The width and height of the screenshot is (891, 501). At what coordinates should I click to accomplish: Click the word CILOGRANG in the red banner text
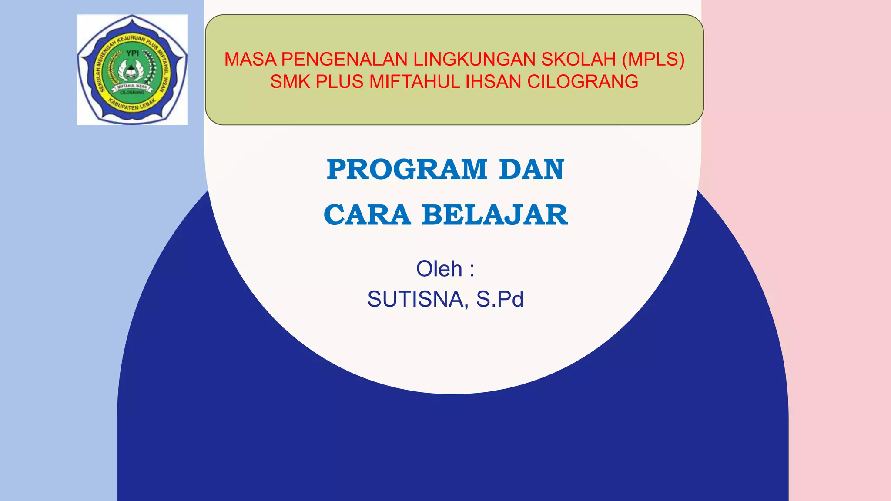[583, 82]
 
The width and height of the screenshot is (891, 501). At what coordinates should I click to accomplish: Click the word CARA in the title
[367, 215]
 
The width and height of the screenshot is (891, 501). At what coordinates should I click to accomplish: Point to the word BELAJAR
[495, 215]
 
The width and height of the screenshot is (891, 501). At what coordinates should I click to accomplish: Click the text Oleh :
[445, 269]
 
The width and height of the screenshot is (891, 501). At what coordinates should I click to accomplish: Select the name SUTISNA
[415, 299]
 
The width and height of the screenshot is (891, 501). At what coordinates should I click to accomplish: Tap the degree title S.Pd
[499, 299]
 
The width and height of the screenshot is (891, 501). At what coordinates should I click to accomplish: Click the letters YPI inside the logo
[132, 53]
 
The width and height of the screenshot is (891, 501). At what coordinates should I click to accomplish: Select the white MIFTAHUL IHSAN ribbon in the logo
[132, 87]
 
